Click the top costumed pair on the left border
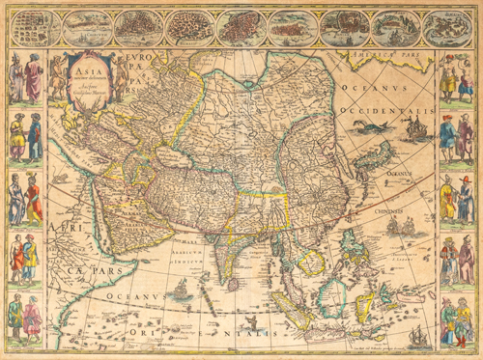point(26,78)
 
